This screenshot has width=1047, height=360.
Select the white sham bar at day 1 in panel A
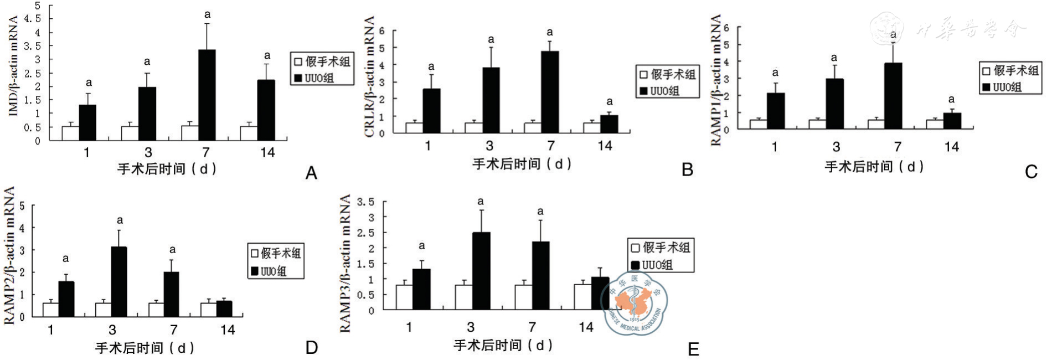pos(70,133)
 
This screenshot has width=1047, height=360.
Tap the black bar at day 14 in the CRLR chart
pos(609,124)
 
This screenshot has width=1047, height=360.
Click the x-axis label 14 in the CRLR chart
pos(605,146)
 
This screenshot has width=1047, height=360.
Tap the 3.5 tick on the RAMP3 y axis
pos(365,202)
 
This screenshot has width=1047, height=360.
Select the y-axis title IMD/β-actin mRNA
pos(13,66)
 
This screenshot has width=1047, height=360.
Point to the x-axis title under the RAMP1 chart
pos(874,166)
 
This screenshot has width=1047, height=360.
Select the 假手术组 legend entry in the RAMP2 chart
pos(276,253)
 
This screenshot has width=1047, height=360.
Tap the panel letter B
pos(687,169)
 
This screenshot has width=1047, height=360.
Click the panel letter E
pos(693,349)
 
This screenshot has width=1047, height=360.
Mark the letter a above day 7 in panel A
pos(208,14)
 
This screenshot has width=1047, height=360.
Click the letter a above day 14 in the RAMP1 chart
pos(951,100)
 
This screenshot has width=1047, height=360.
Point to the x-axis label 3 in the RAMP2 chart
pos(112,330)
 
